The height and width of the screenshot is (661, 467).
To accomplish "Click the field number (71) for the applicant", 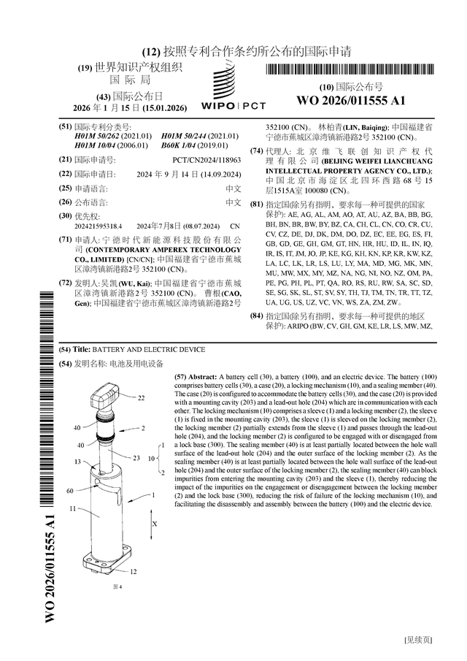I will click(x=65, y=240).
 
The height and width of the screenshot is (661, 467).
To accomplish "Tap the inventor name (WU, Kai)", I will click(x=138, y=283).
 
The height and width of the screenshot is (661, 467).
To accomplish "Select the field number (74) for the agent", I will click(x=256, y=151).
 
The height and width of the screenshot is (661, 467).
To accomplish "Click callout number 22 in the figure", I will click(x=142, y=398).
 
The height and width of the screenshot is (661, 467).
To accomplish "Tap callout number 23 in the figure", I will click(x=136, y=458).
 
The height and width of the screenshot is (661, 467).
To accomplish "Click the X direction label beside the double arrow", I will click(x=155, y=524).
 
